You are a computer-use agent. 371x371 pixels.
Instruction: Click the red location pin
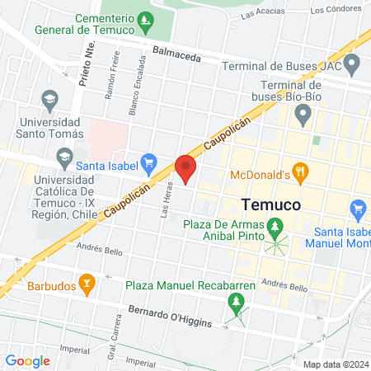point(186,167)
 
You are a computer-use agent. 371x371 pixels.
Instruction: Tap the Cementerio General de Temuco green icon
point(146,19)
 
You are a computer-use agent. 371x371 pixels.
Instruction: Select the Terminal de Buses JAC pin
point(353,63)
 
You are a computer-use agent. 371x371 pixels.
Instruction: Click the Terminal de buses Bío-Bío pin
point(303,113)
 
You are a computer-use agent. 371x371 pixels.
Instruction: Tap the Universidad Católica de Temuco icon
point(63,157)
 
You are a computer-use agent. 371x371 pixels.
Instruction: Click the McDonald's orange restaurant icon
point(300,173)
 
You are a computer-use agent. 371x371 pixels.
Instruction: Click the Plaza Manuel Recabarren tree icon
point(238,305)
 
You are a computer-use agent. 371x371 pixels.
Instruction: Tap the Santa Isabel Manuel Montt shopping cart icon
point(358,209)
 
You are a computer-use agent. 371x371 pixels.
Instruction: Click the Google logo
point(27,360)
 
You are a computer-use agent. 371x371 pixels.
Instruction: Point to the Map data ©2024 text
point(334,364)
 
